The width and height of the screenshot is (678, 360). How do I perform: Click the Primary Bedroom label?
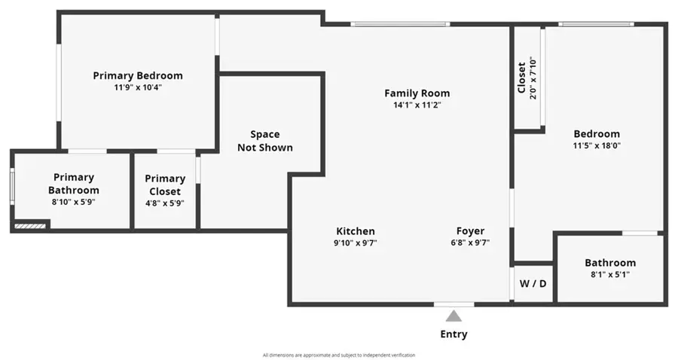coord(138,75)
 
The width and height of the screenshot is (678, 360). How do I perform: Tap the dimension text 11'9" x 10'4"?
coord(138,87)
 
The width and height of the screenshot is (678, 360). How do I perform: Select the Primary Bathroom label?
coord(74,183)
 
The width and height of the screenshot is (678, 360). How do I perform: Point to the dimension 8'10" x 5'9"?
coord(74,202)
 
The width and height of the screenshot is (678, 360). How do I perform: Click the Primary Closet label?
coord(165,185)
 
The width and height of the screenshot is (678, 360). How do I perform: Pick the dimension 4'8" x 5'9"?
coord(165,203)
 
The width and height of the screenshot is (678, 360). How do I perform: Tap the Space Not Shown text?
coord(265,141)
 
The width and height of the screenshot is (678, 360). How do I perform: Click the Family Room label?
coord(417,93)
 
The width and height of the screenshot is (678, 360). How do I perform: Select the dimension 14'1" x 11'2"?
coord(417,105)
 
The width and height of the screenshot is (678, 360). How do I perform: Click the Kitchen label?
coord(356,231)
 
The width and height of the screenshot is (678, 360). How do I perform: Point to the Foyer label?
coord(471,231)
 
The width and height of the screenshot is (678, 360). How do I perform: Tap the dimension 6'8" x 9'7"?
coord(471,243)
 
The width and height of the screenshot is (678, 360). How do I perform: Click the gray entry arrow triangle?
coord(454,316)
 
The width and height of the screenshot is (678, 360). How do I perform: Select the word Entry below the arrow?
coord(454,334)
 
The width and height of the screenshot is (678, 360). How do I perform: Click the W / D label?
coord(533,285)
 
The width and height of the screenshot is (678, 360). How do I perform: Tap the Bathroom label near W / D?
coord(610,263)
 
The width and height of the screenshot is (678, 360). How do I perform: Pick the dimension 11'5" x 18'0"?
coord(597,146)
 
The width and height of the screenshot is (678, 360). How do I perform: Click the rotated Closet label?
coord(521,77)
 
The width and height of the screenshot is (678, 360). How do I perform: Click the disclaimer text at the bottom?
coord(338,355)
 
